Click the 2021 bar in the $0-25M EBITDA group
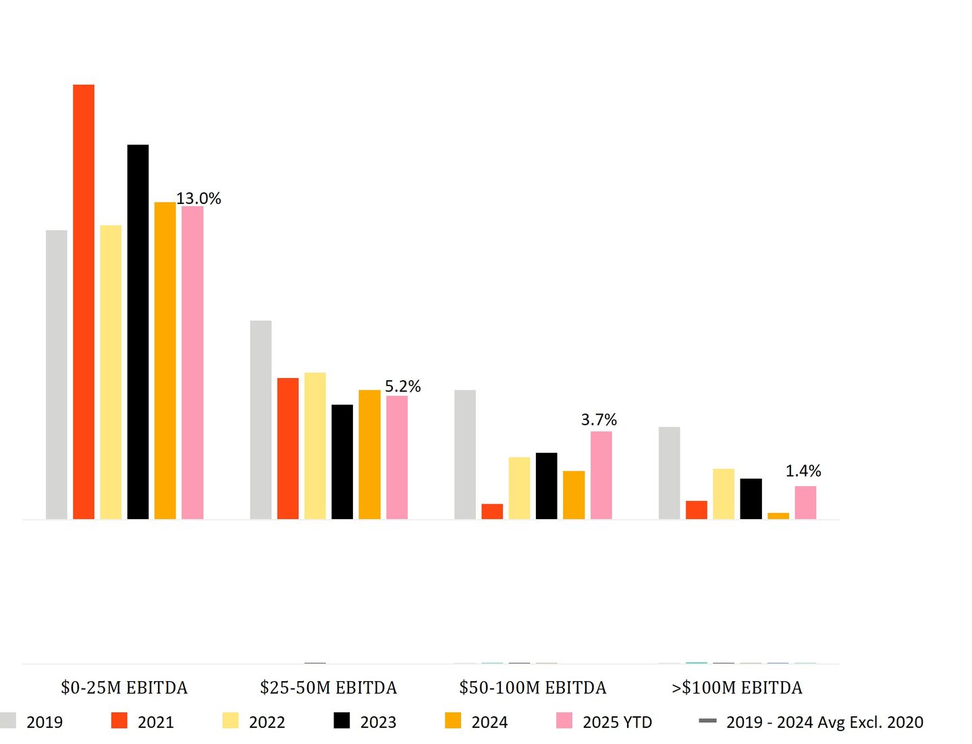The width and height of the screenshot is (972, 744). coord(84,302)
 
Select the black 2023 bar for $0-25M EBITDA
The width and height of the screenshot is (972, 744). coord(138,331)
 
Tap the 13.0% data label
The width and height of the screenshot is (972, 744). coord(198,198)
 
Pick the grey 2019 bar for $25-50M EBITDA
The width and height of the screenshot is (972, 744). coord(261,420)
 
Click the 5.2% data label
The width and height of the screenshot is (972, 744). coord(403,386)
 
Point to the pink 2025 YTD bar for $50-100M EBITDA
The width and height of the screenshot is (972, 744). coord(601,475)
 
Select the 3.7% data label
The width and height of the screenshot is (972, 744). coord(599,420)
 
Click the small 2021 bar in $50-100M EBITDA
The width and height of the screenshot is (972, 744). coord(492,512)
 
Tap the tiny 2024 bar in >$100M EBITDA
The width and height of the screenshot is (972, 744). coord(778,516)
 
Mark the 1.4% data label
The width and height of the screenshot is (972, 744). coord(803,471)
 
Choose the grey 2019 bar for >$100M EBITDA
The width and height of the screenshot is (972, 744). coord(669,473)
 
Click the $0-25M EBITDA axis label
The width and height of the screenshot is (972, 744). coord(124,688)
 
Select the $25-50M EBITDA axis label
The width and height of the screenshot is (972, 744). coord(329,688)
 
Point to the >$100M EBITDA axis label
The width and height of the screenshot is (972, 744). coord(737,688)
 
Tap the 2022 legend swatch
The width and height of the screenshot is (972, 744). coord(230,721)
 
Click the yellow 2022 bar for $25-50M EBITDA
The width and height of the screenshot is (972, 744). coord(315,446)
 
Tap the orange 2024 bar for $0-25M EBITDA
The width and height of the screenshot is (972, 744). coord(165,361)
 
